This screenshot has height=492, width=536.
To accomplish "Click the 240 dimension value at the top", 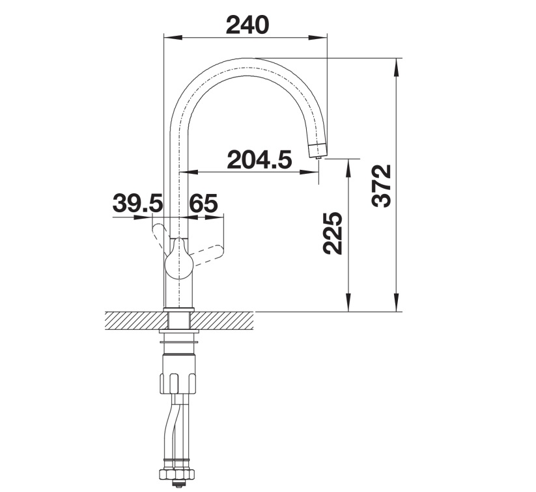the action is coord(248,25).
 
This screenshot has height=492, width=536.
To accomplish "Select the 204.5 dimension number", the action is coord(259,159).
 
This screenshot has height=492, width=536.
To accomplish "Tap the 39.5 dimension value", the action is coord(137,203).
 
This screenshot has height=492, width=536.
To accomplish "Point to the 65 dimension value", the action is coord(203,203).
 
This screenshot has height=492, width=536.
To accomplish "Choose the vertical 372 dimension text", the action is coord(381,186).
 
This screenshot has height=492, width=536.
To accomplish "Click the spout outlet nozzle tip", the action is coord(318,150).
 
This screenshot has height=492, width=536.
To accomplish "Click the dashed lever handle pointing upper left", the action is coord(160,236).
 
